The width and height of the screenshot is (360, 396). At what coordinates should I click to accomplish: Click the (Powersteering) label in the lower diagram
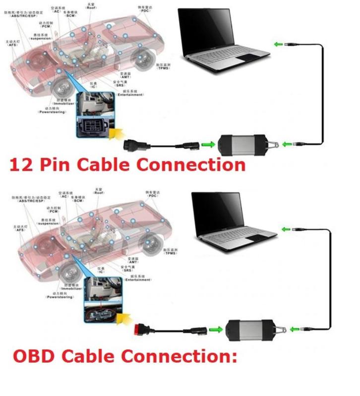coord(60,297)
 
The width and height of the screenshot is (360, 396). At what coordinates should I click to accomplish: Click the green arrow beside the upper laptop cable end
coord(278,44)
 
